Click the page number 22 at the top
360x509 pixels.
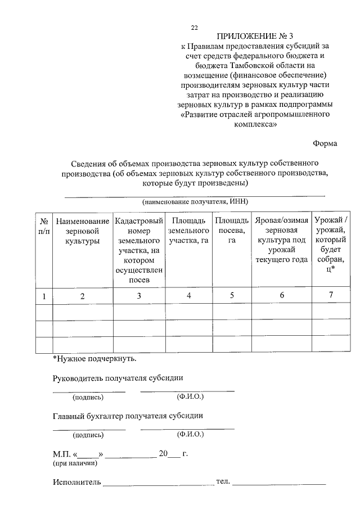(195, 28)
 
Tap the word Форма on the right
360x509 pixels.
(325, 143)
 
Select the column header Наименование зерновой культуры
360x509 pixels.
(82, 231)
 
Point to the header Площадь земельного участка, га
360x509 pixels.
(189, 231)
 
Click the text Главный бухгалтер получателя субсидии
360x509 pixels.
(128, 416)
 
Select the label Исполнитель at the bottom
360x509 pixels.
(76, 482)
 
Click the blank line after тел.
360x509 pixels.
(280, 483)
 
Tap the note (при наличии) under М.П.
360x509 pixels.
(75, 463)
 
